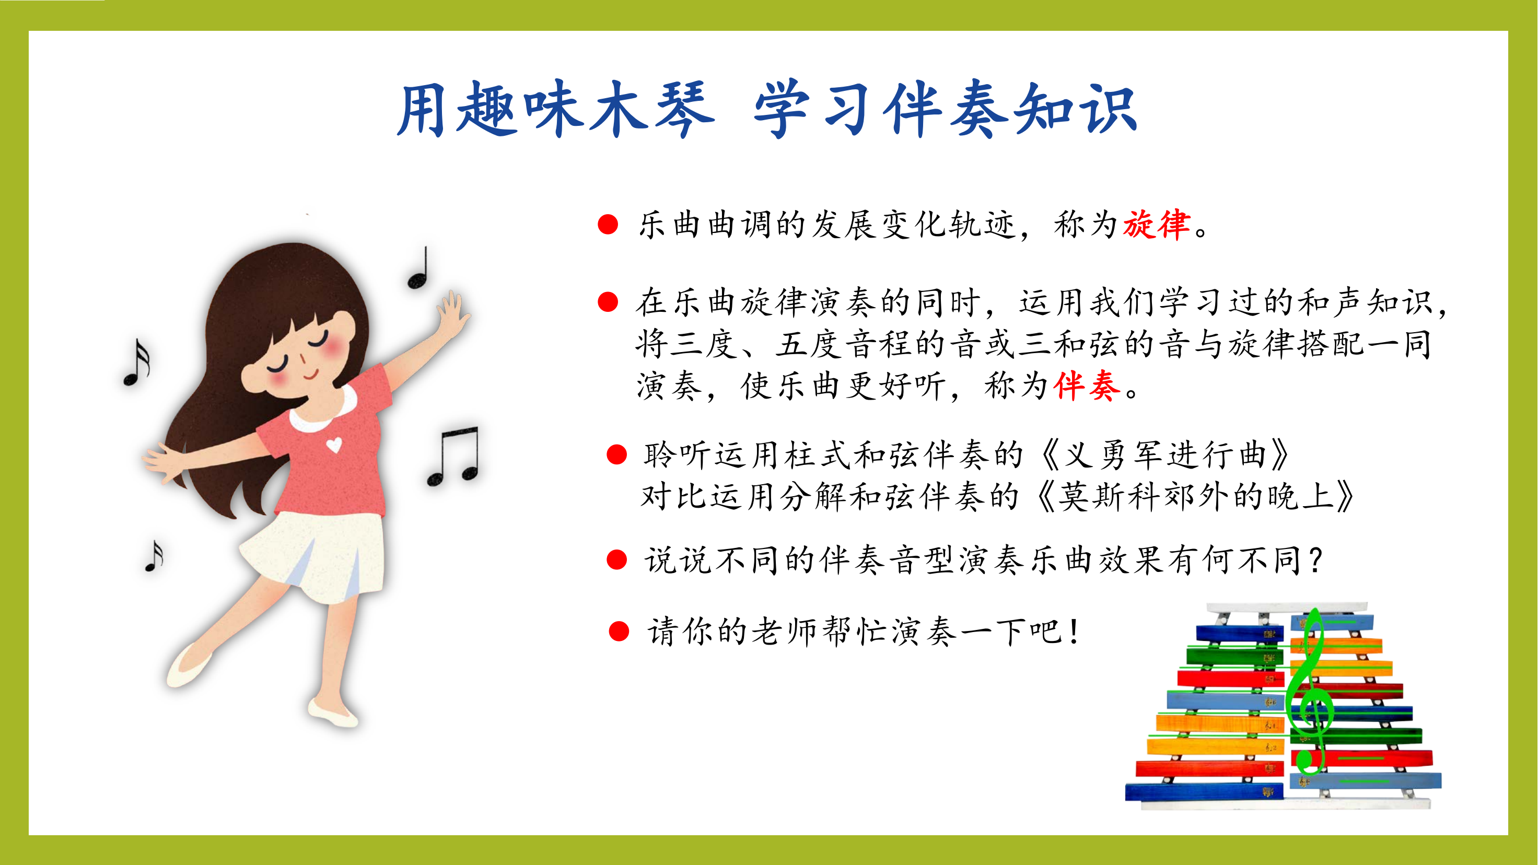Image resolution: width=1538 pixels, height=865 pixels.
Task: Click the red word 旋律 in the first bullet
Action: point(1157,225)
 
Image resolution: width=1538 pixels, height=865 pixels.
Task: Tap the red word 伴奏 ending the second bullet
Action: point(1087,385)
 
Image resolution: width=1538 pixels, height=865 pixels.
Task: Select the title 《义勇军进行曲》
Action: point(1164,455)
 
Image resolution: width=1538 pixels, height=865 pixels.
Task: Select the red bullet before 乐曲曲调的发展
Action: point(608,225)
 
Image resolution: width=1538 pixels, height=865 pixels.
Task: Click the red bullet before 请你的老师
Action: point(619,631)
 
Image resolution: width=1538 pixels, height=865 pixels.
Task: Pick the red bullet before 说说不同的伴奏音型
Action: point(616,560)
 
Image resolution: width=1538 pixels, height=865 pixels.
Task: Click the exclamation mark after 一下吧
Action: point(1075,632)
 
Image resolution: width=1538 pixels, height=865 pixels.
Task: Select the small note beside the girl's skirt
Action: point(154,556)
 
